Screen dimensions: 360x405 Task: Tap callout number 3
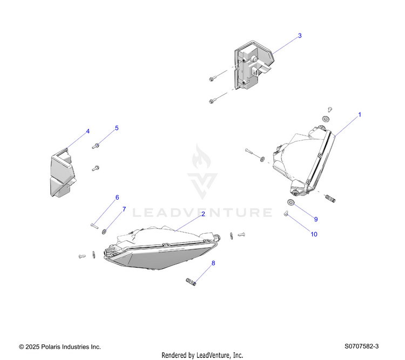pos(300,36)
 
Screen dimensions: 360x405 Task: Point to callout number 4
pos(87,131)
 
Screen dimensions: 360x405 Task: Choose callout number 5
pos(116,128)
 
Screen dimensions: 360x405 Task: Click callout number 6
pos(117,198)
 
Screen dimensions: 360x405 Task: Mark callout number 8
pos(213,263)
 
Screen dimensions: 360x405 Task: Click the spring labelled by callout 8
pos(191,281)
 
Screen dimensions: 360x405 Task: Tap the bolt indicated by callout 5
pos(97,145)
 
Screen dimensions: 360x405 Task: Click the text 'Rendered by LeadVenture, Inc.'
pos(202,355)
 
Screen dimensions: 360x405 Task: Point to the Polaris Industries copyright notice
pos(60,347)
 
